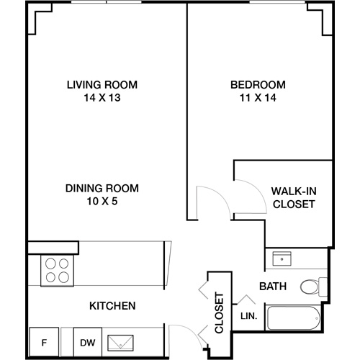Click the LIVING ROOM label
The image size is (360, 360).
[102, 84]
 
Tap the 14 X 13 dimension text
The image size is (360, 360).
[102, 97]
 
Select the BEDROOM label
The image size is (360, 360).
[258, 84]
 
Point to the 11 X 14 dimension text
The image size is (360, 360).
[258, 97]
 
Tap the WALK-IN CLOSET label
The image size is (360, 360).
[294, 197]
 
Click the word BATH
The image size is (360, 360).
[273, 287]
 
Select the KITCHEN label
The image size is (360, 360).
[112, 306]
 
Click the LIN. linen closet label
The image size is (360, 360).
[248, 315]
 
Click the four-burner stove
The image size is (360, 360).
[58, 270]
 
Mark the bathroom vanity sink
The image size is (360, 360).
[281, 257]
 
